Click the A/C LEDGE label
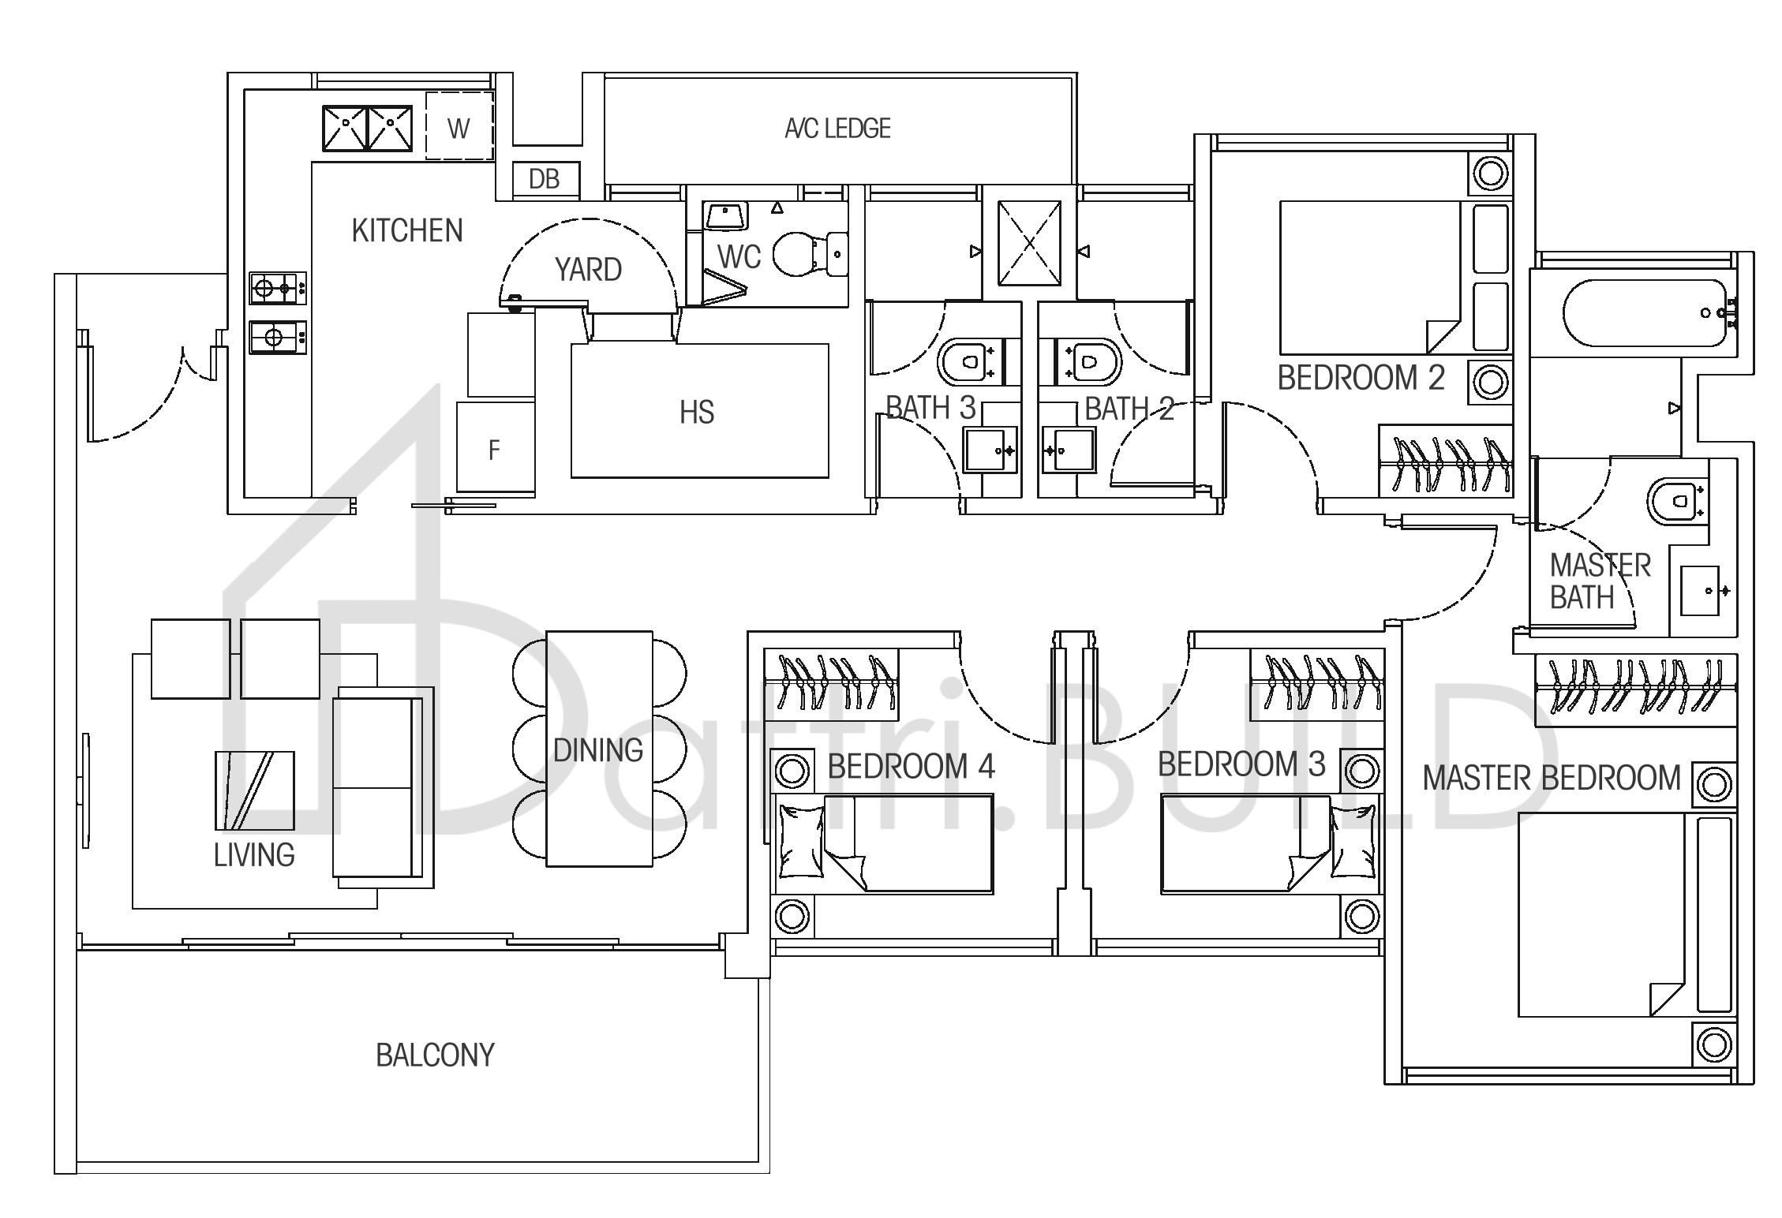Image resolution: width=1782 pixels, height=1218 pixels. pyautogui.click(x=837, y=128)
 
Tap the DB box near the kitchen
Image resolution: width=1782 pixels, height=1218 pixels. pyautogui.click(x=545, y=179)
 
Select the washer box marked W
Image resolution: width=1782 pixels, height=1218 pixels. pyautogui.click(x=459, y=126)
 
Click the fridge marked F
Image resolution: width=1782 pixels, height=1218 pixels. pyautogui.click(x=496, y=449)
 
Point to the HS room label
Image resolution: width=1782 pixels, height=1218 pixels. pyautogui.click(x=697, y=413)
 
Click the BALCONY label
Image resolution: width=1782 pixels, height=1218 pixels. pyautogui.click(x=435, y=1055)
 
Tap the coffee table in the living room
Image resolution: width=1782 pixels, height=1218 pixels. pyautogui.click(x=254, y=790)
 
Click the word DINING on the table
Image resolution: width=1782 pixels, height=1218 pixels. pyautogui.click(x=598, y=750)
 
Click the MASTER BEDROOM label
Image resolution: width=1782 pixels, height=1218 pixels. pyautogui.click(x=1552, y=779)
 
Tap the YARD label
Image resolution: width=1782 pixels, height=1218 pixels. pyautogui.click(x=588, y=270)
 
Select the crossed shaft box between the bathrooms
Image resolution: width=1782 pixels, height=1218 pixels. pyautogui.click(x=1029, y=244)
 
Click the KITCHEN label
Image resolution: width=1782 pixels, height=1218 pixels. pyautogui.click(x=407, y=230)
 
